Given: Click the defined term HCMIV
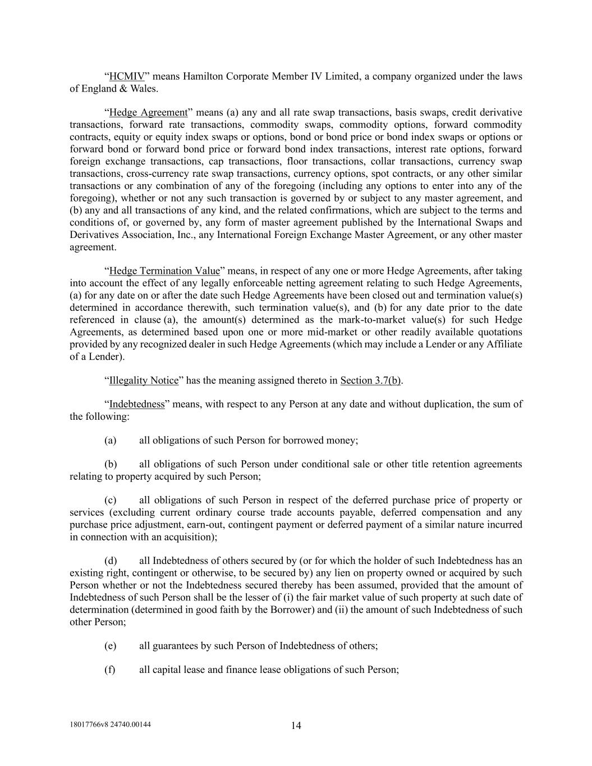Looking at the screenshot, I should pos(127,76).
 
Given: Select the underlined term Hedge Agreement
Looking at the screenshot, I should pos(148,112).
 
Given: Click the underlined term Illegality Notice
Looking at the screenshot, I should pos(143,380).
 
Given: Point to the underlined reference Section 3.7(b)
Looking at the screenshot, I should pos(371,380).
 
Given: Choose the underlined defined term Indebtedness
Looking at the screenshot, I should pos(137,404).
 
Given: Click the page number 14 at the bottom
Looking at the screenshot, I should pos(296,726).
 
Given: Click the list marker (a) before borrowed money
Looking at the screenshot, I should pos(111,441).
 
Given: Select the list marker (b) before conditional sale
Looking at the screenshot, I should pos(111,465).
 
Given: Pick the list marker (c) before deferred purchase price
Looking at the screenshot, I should pos(111,501).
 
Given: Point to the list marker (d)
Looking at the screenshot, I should pos(111,561).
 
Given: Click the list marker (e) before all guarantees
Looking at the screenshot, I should pos(111,646).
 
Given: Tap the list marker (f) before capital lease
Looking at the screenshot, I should pos(110,669).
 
